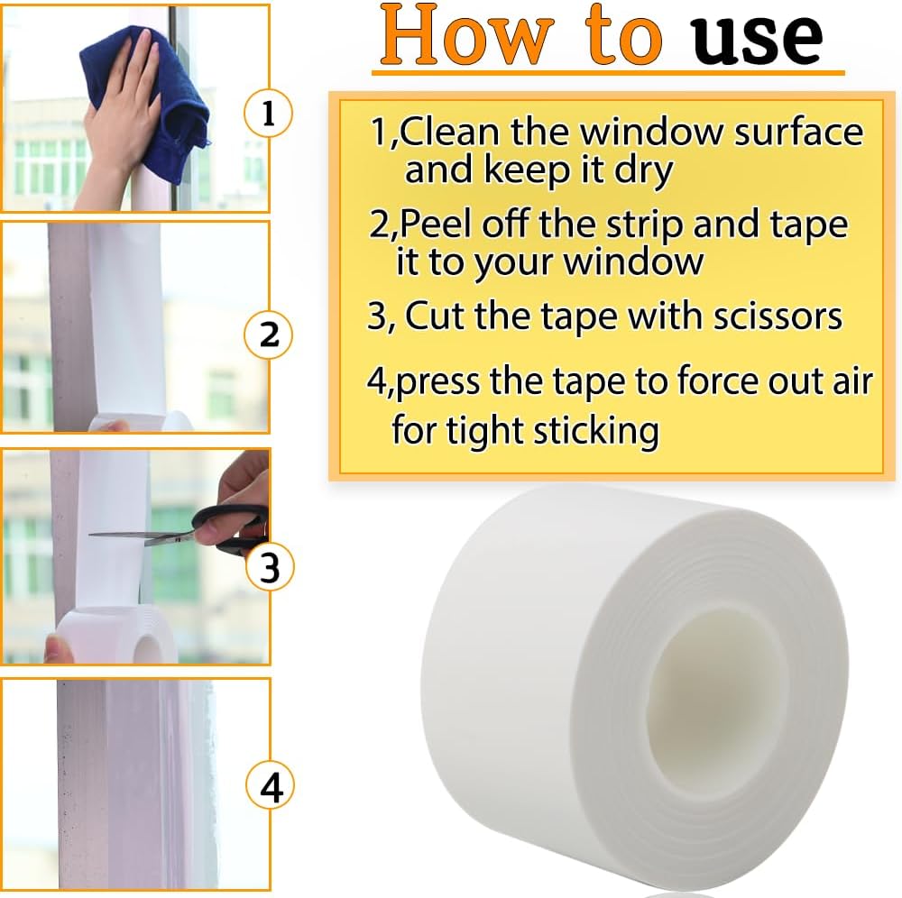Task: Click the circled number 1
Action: [x=268, y=115]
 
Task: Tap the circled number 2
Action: [x=269, y=335]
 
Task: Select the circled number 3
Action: [x=269, y=568]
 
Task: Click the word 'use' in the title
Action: [x=758, y=36]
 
